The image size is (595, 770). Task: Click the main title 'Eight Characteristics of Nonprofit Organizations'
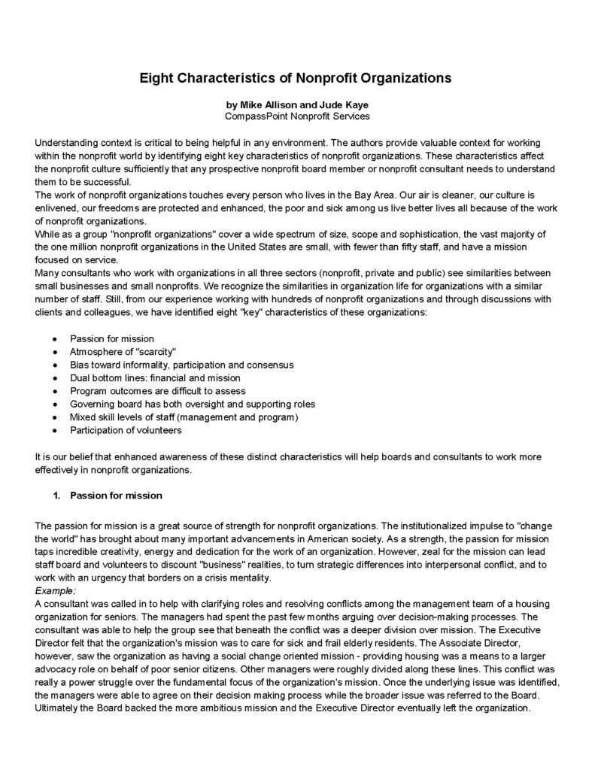click(x=296, y=77)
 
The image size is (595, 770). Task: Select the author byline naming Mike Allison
click(x=296, y=105)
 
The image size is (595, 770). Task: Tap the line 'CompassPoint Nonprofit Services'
click(x=296, y=117)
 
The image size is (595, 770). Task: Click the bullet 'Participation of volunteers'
click(x=126, y=430)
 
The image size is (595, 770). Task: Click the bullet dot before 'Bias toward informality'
click(x=55, y=365)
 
